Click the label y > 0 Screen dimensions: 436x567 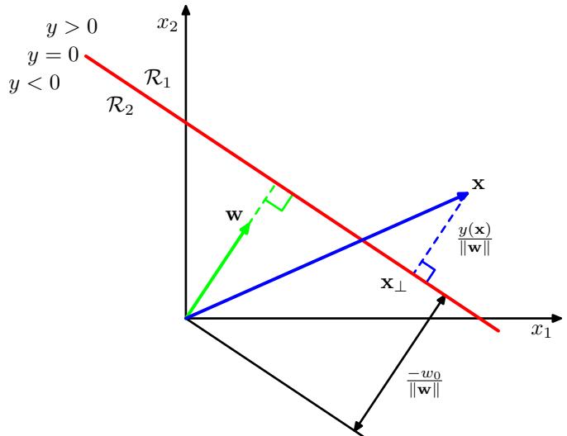tap(71, 28)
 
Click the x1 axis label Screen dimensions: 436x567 tap(541, 331)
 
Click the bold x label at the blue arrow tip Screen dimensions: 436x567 tap(478, 183)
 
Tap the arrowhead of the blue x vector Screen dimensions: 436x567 tap(463, 195)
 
